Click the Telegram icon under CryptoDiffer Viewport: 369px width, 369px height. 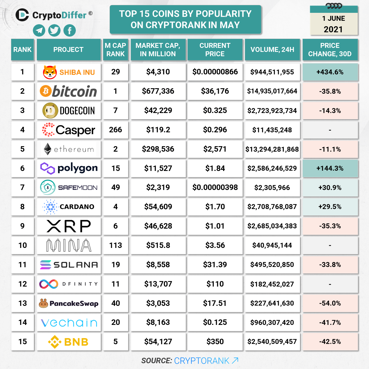pos(39,31)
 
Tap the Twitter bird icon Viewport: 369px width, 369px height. pos(54,31)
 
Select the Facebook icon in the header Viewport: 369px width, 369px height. pos(69,31)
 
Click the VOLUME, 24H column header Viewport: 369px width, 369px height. pos(272,50)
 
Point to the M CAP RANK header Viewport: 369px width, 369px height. pos(115,50)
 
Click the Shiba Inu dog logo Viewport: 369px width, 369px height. pos(50,72)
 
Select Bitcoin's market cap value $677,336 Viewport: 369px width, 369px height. pos(158,91)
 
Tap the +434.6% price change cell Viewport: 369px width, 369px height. pos(330,72)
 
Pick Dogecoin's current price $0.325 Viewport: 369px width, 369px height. pos(215,110)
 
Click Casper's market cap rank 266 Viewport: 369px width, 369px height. pos(115,130)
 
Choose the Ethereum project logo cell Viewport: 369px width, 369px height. pos(69,149)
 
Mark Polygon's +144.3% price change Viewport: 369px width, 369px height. pos(330,168)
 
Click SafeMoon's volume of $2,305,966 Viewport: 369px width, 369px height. pos(272,188)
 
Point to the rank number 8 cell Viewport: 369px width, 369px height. pos(22,207)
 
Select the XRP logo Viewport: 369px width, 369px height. pos(69,226)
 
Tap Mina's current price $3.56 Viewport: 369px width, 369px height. pos(215,245)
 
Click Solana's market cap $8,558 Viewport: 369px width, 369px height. pos(158,265)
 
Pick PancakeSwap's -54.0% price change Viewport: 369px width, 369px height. pos(330,303)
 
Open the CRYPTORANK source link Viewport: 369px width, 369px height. pos(206,361)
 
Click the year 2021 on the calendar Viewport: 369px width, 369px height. pos(333,29)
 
